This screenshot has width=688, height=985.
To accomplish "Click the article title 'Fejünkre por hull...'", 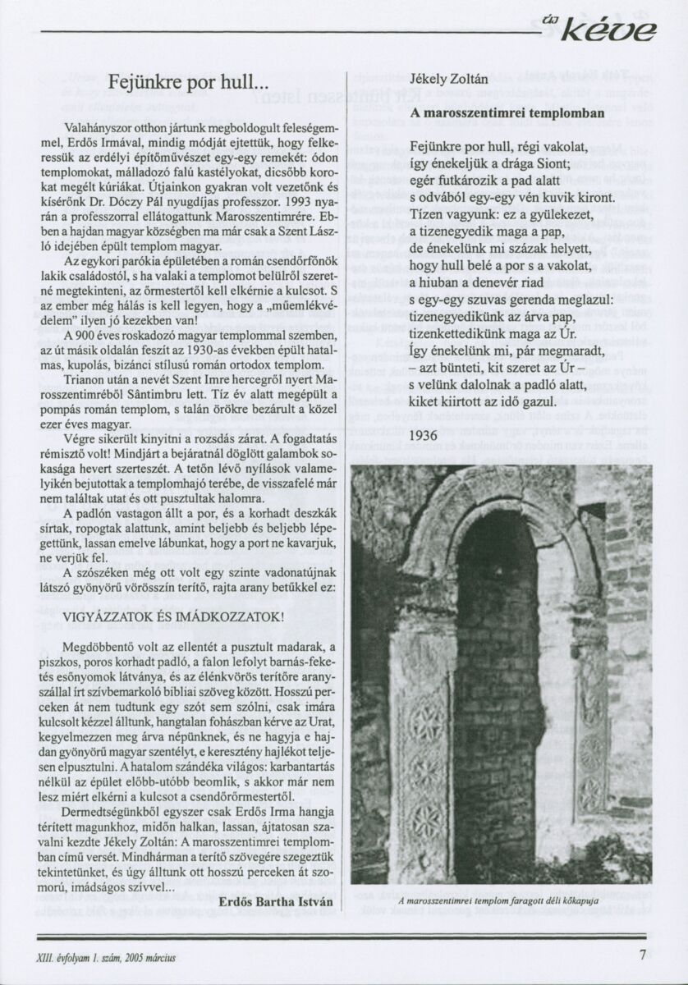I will click(188, 82).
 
